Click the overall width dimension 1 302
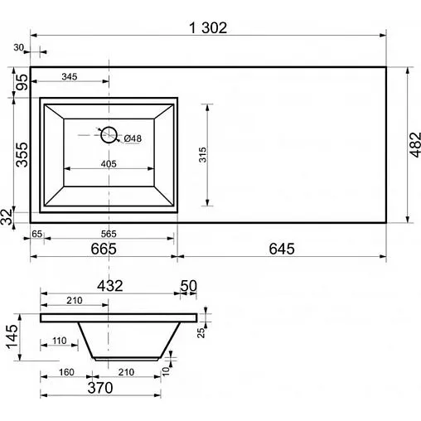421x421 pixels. click(x=208, y=28)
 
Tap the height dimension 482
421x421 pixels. click(x=415, y=145)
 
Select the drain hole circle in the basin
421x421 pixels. click(x=109, y=135)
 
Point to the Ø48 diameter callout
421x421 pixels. click(x=133, y=138)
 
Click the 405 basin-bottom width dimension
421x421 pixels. click(x=109, y=164)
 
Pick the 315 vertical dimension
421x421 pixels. click(x=202, y=155)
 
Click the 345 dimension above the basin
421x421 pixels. click(x=70, y=76)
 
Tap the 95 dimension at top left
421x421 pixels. click(x=22, y=82)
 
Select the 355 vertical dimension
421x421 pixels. click(x=22, y=155)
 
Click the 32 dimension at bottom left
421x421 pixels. click(x=7, y=216)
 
